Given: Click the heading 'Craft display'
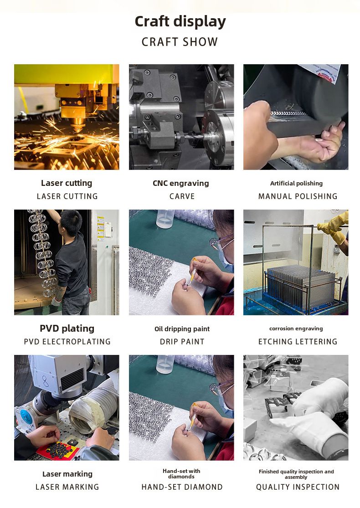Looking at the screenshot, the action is tap(180, 22).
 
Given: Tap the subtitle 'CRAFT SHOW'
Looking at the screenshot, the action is tap(180, 42).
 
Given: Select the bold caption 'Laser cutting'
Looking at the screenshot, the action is tap(67, 183).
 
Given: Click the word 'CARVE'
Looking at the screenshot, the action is tap(182, 196).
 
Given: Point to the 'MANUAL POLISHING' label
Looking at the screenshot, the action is tap(298, 196).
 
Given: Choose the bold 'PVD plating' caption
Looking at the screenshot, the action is tap(67, 328).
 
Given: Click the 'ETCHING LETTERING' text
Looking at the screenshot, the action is tap(298, 341).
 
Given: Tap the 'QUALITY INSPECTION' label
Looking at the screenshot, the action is tap(298, 487).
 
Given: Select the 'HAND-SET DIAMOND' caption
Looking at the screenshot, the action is tap(182, 487).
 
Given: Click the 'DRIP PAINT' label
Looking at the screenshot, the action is tap(182, 341).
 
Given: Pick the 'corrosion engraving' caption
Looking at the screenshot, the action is tap(296, 328).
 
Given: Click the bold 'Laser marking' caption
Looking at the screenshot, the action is tap(67, 474).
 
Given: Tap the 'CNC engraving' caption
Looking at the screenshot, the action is tap(181, 183).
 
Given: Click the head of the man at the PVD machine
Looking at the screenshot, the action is tap(71, 221).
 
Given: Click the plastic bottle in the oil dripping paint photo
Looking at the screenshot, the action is tap(165, 219).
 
